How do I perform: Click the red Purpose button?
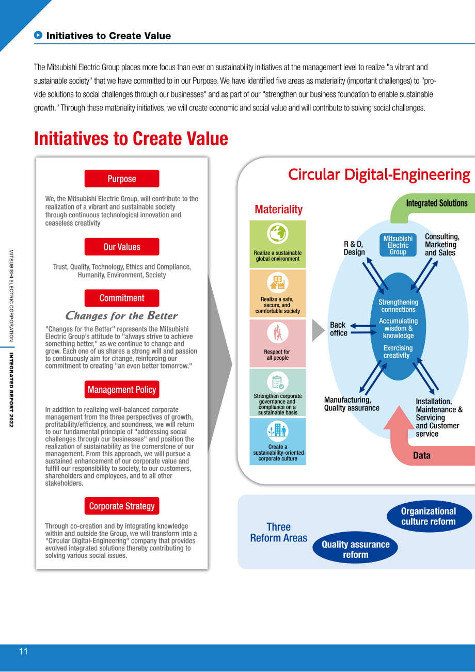(122, 179)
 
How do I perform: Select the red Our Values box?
(122, 247)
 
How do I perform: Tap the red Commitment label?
(122, 298)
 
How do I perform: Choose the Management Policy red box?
(122, 389)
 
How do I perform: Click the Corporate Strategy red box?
(122, 506)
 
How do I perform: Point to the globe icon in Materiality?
(278, 233)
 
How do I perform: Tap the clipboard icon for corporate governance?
(278, 382)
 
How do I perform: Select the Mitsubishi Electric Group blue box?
(398, 245)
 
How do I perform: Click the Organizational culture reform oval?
(429, 516)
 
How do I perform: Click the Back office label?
(339, 329)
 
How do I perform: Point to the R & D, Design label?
(354, 248)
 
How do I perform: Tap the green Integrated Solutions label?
(437, 203)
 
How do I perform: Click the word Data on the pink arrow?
(422, 455)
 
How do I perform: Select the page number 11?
(23, 651)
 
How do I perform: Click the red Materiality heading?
(278, 209)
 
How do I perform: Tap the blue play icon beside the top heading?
(38, 35)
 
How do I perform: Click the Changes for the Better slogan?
(121, 315)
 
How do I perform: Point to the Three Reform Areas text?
(278, 533)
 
